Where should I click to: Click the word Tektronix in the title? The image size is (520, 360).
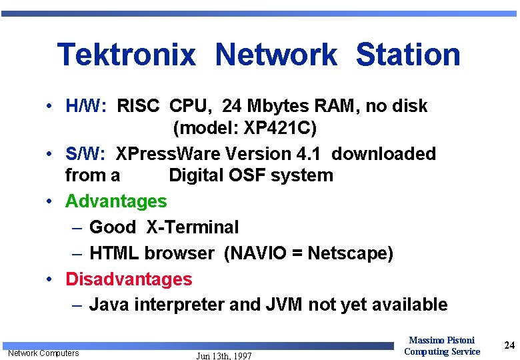point(127,55)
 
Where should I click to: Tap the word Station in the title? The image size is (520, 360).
point(408,55)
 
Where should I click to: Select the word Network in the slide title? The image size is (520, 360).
point(276,55)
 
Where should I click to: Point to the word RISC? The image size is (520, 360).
point(138,106)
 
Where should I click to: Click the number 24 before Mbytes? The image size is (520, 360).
point(232,106)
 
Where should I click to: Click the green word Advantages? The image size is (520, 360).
point(116,201)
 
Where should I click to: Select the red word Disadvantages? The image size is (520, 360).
point(129,279)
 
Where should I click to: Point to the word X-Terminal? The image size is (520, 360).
point(192,227)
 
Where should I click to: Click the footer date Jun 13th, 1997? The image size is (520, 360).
point(224,356)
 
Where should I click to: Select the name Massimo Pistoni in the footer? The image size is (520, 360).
point(441,341)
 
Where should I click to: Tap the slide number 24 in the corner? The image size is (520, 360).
point(509,345)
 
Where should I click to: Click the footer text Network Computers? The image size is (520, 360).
point(43,353)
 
